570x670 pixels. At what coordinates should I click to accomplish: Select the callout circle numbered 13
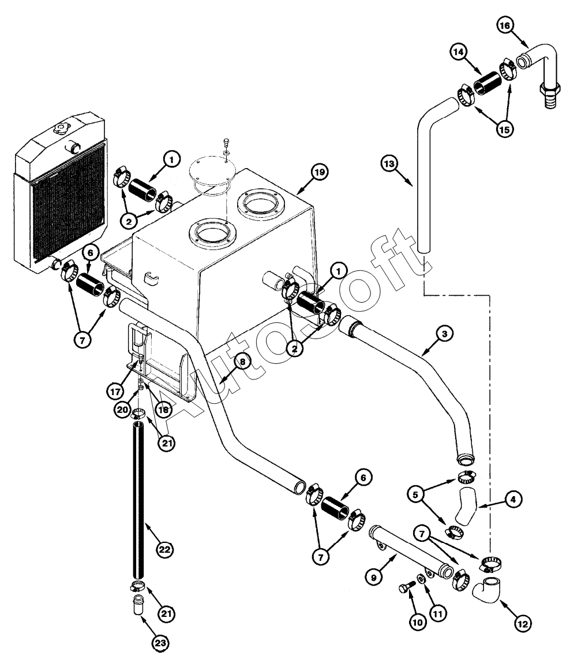click(390, 164)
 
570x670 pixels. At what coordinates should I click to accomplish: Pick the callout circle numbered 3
click(444, 333)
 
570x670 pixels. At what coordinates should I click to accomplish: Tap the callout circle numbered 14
click(459, 53)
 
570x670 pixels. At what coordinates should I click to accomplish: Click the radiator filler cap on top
click(60, 128)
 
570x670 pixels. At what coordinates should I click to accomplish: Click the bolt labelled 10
click(406, 589)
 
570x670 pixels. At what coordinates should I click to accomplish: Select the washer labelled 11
click(422, 578)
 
